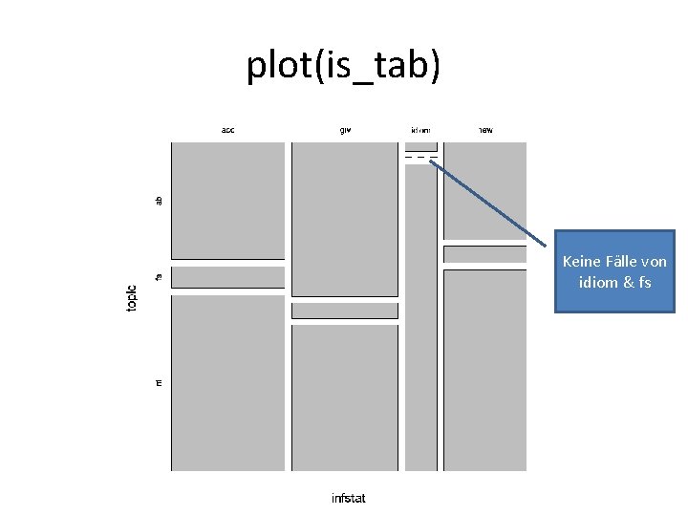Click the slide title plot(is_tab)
[x=344, y=65]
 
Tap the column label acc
[x=228, y=130]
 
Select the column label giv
[x=345, y=130]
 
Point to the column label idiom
[x=420, y=130]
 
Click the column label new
[x=485, y=130]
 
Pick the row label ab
[x=160, y=200]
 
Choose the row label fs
[x=160, y=276]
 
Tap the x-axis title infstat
[x=348, y=498]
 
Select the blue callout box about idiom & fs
[x=614, y=271]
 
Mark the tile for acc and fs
[x=228, y=277]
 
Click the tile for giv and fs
[x=345, y=311]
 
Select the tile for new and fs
[x=485, y=254]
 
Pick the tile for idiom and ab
[x=421, y=146]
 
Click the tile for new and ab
[x=485, y=190]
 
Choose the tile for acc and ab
[x=228, y=200]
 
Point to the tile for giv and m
[x=345, y=398]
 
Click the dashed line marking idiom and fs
[x=421, y=157]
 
